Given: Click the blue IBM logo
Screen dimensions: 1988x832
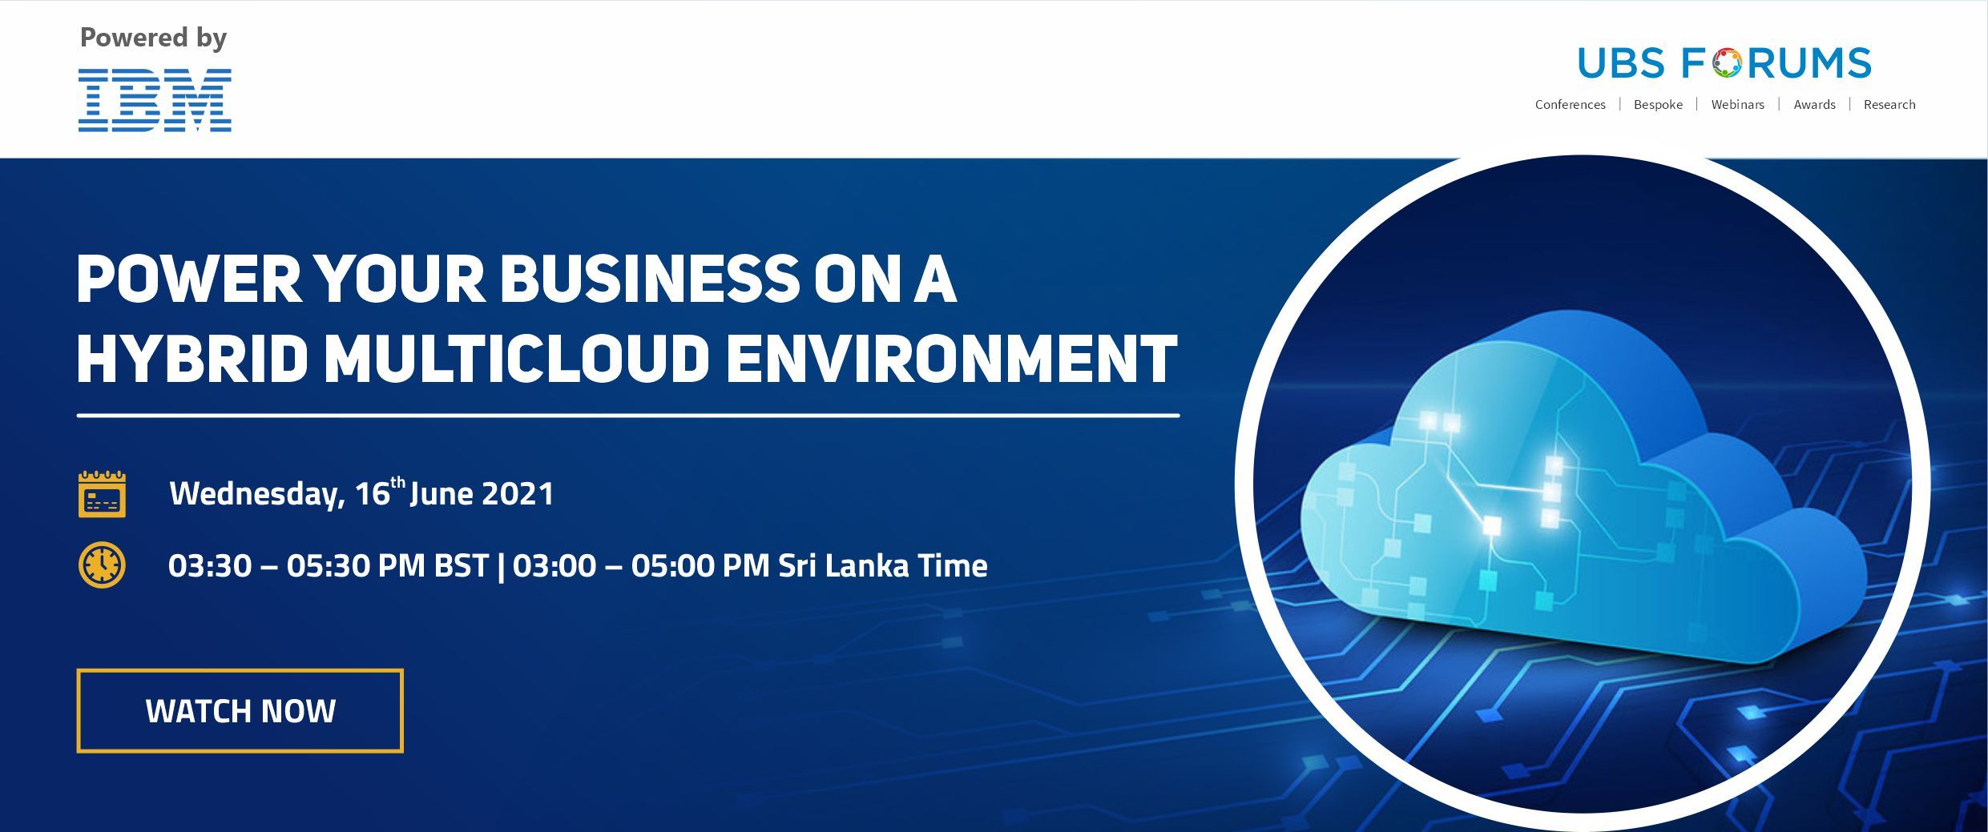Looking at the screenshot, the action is [155, 100].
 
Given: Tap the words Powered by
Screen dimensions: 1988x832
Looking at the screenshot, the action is [153, 38].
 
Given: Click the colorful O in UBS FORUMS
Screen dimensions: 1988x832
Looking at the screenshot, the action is [1727, 63].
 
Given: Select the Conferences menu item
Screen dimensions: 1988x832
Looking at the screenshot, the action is [1570, 105].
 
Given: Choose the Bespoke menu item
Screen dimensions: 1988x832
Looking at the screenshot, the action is [1658, 105].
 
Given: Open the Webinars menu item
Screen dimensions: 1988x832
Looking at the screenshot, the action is [1737, 105].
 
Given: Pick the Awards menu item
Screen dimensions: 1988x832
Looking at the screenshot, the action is [1814, 105].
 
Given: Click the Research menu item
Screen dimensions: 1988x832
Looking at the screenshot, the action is [1889, 105].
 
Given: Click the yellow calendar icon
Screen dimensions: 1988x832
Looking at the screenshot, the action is [102, 494].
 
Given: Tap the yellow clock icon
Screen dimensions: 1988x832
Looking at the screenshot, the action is [102, 565].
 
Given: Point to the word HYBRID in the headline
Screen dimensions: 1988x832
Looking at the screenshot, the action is [192, 359].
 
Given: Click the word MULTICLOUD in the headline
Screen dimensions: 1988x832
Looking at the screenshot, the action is [517, 359].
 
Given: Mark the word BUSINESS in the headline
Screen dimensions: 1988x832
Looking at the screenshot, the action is [650, 280].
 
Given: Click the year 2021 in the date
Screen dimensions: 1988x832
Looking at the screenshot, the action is [518, 493].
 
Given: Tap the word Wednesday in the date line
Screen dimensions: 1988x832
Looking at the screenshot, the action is [257, 494].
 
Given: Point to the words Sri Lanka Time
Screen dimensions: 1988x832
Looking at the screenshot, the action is [883, 565].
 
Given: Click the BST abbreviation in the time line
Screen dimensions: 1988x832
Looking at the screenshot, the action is [462, 565].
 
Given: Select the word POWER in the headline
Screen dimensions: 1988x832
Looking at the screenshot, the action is [189, 280].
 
